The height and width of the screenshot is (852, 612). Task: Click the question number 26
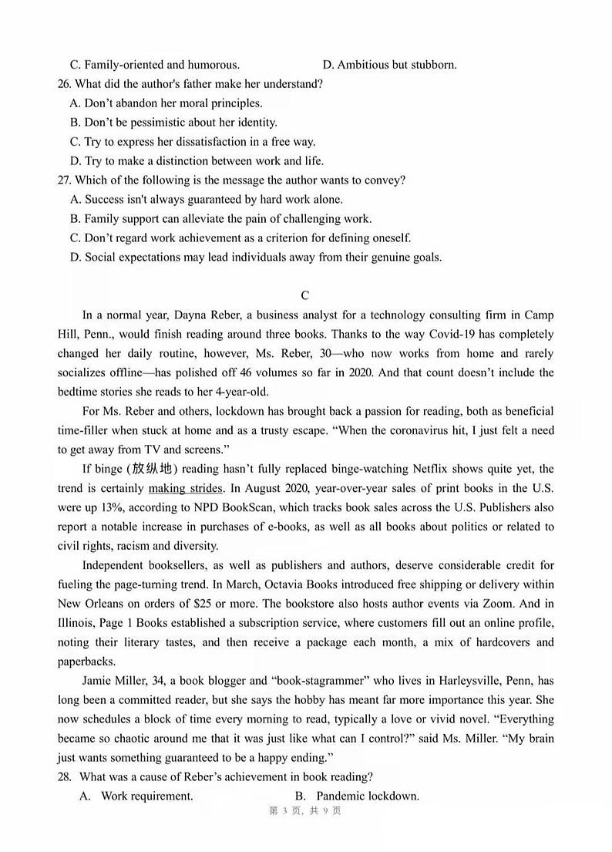(x=64, y=84)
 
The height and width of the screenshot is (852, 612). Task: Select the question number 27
(x=64, y=180)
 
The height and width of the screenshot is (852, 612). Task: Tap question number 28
(x=64, y=776)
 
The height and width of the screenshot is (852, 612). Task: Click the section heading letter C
(x=305, y=295)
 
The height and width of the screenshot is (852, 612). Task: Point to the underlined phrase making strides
(x=185, y=488)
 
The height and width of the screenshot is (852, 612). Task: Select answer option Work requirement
(x=146, y=796)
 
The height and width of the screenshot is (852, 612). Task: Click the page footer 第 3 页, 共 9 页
(x=304, y=832)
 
